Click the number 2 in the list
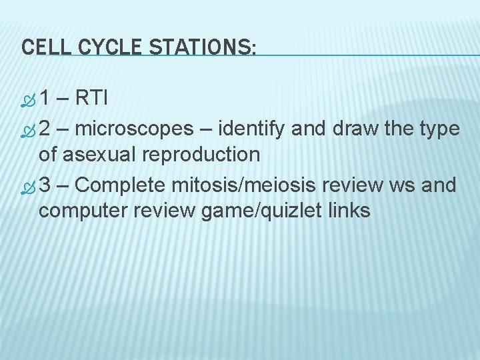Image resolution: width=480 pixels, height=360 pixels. coord(45,128)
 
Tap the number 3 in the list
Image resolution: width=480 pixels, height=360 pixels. coord(45,184)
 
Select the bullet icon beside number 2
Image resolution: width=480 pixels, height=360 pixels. coord(27,129)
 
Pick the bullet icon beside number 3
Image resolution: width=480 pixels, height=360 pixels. coord(27,185)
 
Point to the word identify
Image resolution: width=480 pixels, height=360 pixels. coord(255,128)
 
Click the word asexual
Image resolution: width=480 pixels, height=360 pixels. coord(101,155)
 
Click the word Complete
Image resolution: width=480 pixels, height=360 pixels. coord(127,185)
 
